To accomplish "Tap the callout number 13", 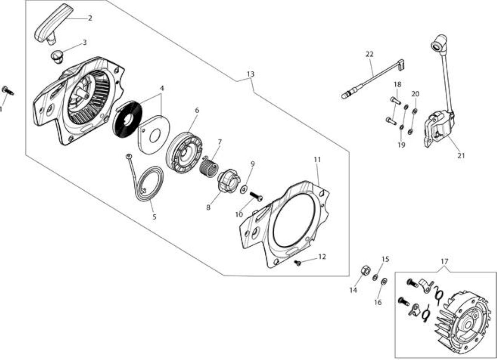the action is point(250,74).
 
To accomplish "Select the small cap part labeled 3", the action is point(57,57).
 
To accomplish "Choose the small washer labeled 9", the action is point(244,190).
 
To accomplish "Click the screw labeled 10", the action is point(256,196).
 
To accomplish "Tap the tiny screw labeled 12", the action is point(297,263).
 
